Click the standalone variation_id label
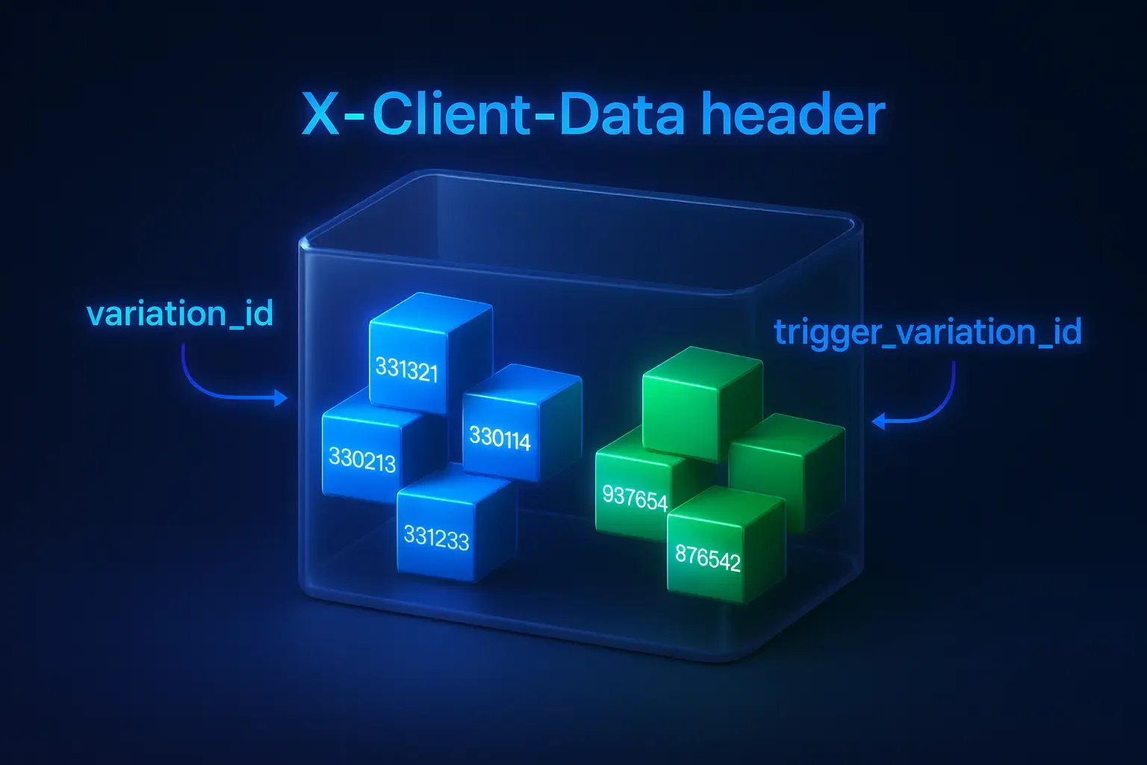tap(180, 314)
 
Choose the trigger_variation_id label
tap(928, 331)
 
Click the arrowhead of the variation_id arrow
tap(282, 398)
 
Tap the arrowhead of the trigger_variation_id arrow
tap(879, 422)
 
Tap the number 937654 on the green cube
tap(635, 497)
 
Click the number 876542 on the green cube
tap(707, 557)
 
